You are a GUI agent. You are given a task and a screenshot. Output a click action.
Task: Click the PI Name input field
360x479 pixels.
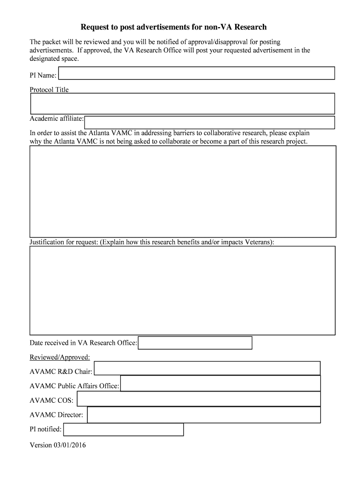click(x=196, y=73)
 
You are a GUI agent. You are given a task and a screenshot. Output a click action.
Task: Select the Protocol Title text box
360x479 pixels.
click(x=182, y=103)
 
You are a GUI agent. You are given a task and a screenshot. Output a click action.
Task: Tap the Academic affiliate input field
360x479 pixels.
click(x=209, y=123)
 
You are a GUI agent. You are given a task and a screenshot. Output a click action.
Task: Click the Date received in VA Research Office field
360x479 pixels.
click(x=195, y=343)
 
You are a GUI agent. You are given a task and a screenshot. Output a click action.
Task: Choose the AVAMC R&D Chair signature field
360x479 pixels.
click(x=207, y=368)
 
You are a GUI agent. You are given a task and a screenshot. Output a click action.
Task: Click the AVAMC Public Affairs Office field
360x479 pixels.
click(x=220, y=384)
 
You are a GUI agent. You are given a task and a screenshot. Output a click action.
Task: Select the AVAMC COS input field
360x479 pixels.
click(x=199, y=399)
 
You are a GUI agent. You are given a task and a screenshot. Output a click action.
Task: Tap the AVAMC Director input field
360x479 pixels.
click(x=204, y=415)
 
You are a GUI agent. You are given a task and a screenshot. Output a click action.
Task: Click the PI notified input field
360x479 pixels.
click(x=123, y=429)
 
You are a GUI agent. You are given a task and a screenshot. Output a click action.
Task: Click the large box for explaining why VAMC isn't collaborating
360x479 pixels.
click(x=183, y=191)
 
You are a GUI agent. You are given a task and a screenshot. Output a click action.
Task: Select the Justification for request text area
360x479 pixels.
click(x=183, y=290)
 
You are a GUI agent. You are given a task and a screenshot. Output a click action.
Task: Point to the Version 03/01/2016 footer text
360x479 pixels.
click(x=58, y=445)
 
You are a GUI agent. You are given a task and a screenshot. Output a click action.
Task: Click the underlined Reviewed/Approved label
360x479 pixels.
click(x=59, y=357)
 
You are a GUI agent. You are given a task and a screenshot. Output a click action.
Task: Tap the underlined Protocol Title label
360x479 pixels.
click(x=49, y=90)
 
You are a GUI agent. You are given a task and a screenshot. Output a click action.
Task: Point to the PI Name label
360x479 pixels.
click(x=43, y=75)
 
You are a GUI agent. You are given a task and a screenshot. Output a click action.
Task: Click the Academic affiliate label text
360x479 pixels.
click(x=57, y=118)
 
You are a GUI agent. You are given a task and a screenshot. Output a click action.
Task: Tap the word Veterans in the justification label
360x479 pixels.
click(x=258, y=242)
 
